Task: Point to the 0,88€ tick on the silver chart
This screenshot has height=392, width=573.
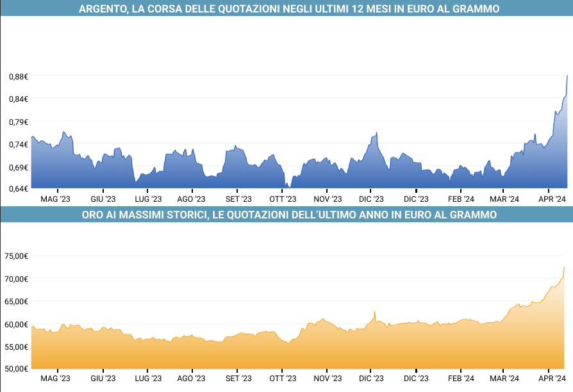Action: [19, 77]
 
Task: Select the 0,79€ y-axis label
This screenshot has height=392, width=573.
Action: [19, 122]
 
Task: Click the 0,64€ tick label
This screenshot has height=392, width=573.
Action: [19, 189]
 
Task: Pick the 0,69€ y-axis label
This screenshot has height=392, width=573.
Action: [19, 167]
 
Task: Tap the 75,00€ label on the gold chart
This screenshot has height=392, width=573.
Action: [17, 256]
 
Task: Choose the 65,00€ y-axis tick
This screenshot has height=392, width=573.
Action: [17, 301]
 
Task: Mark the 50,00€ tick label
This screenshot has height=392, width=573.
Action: [17, 368]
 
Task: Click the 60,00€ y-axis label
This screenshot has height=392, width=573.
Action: [17, 324]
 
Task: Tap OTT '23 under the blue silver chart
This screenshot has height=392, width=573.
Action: [282, 199]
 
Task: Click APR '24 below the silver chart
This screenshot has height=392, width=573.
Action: [551, 199]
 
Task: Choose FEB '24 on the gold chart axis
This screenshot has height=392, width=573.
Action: [461, 379]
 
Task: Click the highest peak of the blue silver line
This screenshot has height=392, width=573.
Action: [567, 76]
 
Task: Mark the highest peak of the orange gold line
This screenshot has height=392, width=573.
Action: [564, 267]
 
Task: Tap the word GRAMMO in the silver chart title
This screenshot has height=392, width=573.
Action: [473, 9]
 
